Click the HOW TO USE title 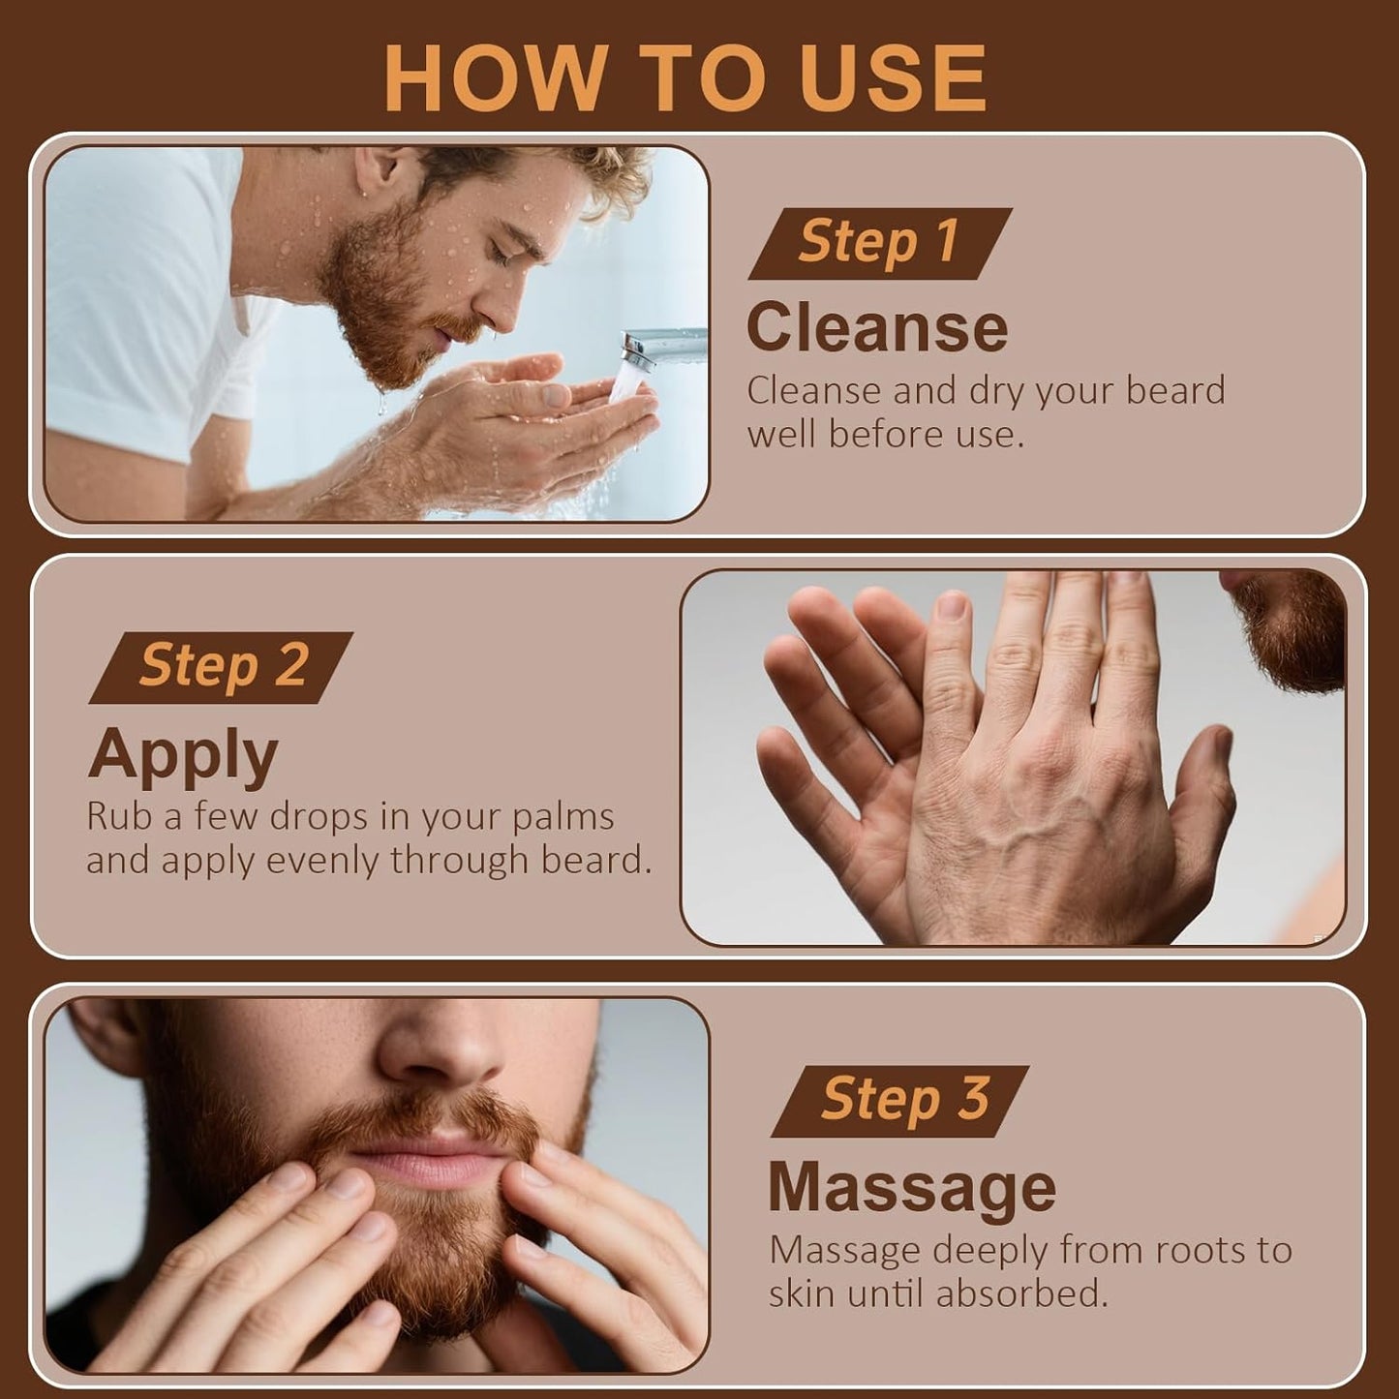(685, 78)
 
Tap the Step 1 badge (879, 243)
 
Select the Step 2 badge (222, 667)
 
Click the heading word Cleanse (876, 327)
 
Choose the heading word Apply (183, 755)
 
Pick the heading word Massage (911, 1188)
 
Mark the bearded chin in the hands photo (1293, 629)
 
